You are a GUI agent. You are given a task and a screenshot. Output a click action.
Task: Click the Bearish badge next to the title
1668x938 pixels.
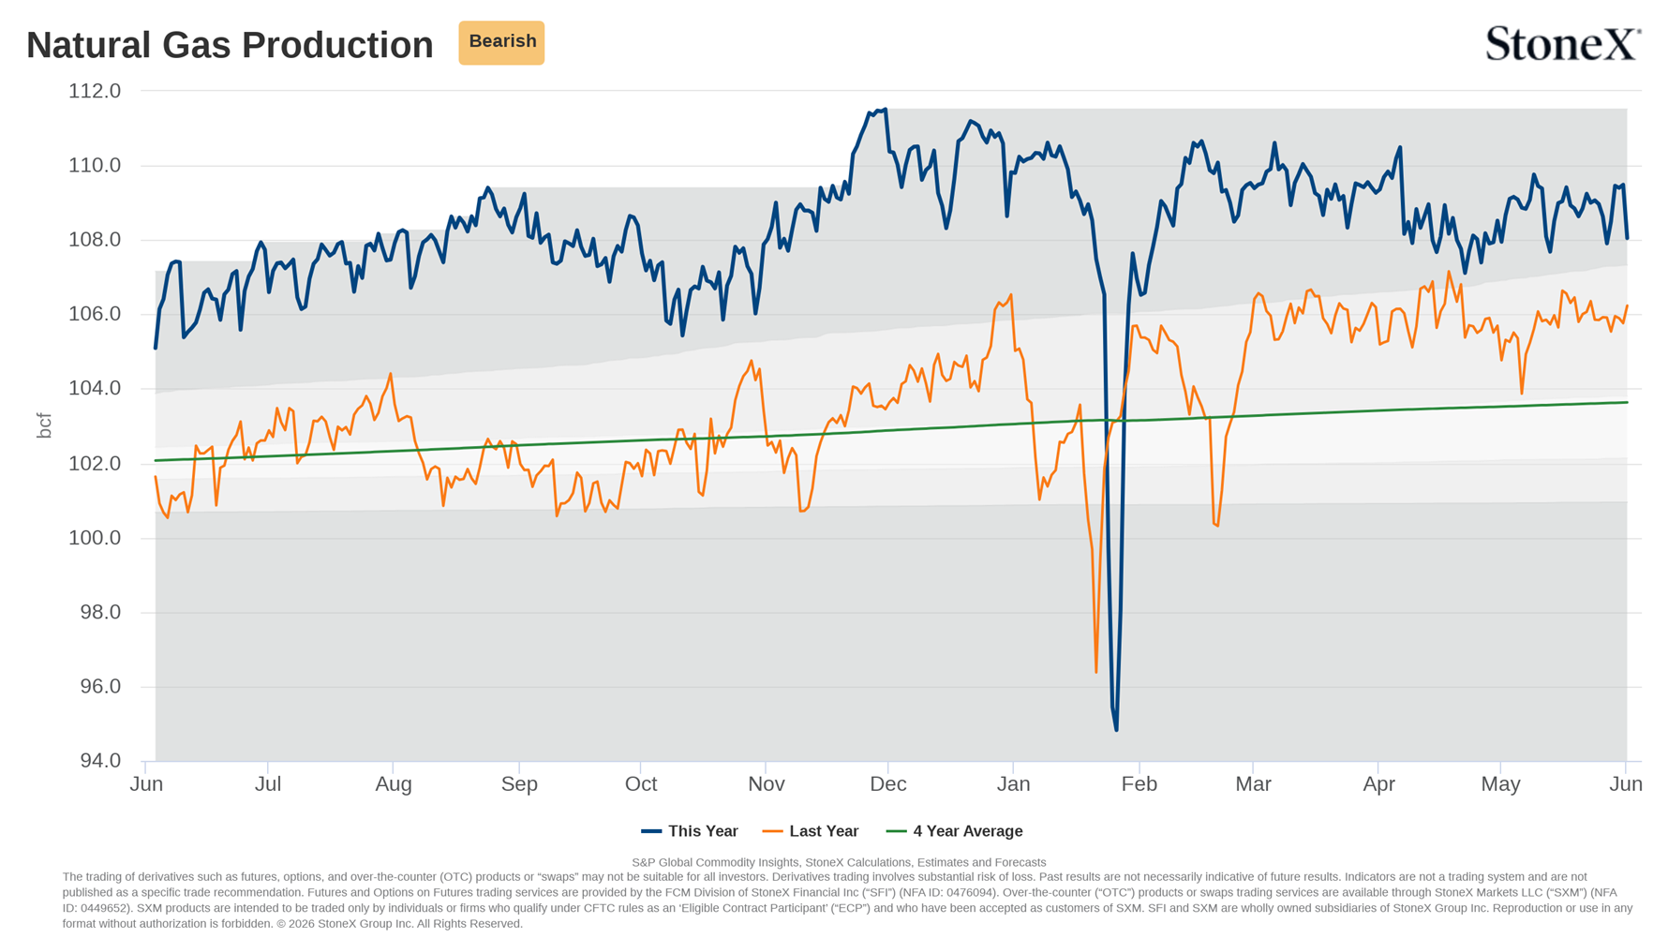pyautogui.click(x=501, y=42)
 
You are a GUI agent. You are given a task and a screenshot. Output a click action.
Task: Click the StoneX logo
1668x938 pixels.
pyautogui.click(x=1563, y=43)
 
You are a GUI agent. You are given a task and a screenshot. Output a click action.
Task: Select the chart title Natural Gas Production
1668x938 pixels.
pyautogui.click(x=230, y=45)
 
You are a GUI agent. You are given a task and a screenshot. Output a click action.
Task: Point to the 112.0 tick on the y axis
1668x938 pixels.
pyautogui.click(x=95, y=91)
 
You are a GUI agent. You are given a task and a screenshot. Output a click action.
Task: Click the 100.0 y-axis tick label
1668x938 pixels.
pyautogui.click(x=95, y=538)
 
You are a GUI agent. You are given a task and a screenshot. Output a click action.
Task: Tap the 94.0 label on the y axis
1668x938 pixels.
pyautogui.click(x=100, y=761)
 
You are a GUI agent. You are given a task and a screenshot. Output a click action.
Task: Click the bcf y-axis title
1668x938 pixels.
pyautogui.click(x=43, y=425)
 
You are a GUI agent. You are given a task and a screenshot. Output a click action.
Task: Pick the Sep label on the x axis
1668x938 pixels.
pyautogui.click(x=519, y=784)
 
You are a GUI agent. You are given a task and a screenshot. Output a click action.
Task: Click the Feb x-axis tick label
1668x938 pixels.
pyautogui.click(x=1139, y=784)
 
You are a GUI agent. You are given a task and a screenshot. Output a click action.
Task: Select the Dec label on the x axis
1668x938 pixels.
pyautogui.click(x=888, y=784)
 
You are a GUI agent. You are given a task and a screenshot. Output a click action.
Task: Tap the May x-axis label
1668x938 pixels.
pyautogui.click(x=1500, y=784)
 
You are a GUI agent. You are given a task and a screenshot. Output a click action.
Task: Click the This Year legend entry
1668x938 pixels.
pyautogui.click(x=690, y=831)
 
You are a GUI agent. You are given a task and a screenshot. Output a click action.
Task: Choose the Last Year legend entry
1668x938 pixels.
pyautogui.click(x=811, y=831)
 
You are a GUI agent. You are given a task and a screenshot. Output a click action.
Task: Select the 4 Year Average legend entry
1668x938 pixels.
pyautogui.click(x=955, y=831)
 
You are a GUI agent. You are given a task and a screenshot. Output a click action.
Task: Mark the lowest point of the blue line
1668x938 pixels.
pyautogui.click(x=1116, y=730)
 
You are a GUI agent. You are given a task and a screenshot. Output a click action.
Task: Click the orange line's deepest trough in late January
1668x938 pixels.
pyautogui.click(x=1096, y=672)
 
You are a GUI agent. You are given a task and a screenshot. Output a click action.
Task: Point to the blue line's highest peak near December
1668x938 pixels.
pyautogui.click(x=885, y=110)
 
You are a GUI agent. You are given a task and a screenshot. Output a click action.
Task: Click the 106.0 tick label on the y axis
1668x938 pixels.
pyautogui.click(x=95, y=314)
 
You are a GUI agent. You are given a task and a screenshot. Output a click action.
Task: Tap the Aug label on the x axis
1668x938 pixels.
pyautogui.click(x=394, y=784)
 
